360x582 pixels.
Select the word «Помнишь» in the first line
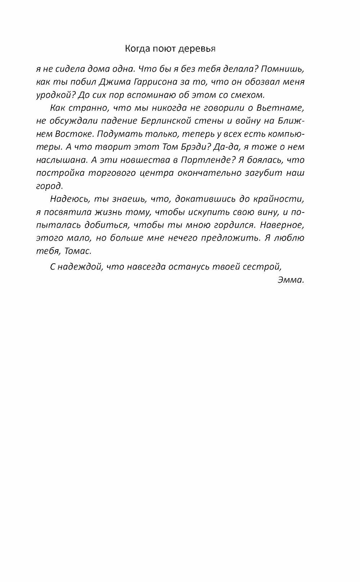[x=284, y=69]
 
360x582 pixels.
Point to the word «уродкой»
[x=52, y=95]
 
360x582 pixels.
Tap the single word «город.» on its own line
[x=49, y=186]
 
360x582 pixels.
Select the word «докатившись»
[x=202, y=199]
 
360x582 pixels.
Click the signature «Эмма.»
[x=291, y=280]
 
